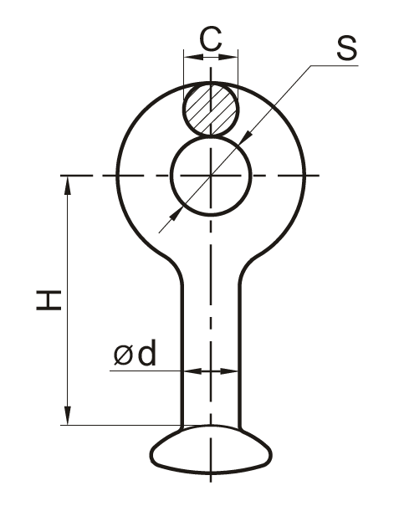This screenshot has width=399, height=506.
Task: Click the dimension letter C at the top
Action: (x=211, y=39)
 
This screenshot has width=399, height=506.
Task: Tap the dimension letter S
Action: (x=347, y=48)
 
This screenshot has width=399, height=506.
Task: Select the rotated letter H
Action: (x=49, y=300)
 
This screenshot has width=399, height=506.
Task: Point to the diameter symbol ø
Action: (x=123, y=355)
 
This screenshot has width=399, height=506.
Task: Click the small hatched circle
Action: (x=211, y=109)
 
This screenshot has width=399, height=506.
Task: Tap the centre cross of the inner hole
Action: (x=211, y=176)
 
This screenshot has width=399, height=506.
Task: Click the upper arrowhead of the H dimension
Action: (x=68, y=185)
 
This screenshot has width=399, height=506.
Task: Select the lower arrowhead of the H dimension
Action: (x=68, y=416)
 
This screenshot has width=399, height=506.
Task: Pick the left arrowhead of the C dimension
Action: (x=194, y=57)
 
